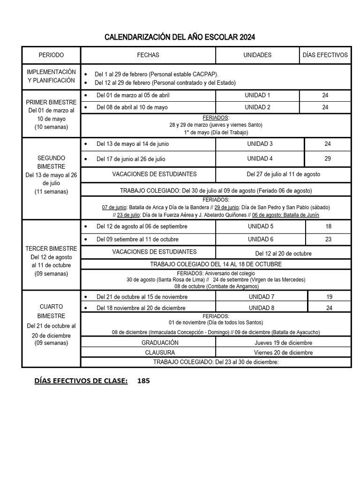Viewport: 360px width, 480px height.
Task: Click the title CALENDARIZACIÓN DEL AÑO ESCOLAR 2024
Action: tap(180, 37)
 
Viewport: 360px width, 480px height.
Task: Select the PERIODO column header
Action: tap(51, 55)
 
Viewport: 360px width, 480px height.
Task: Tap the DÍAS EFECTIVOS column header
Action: tap(325, 55)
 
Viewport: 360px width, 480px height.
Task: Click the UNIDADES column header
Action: tap(257, 55)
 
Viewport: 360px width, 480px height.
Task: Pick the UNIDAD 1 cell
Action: tap(257, 95)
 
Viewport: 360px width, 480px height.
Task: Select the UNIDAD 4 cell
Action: tap(260, 159)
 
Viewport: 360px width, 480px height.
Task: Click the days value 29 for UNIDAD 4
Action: tap(328, 159)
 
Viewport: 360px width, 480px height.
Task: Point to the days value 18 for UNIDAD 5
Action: tap(328, 226)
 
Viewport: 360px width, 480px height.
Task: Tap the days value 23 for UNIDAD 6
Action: tap(328, 239)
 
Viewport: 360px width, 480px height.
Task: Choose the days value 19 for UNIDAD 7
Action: tap(329, 297)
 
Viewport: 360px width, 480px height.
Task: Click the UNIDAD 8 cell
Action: tap(261, 308)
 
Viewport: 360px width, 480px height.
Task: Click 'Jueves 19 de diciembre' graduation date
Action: tap(283, 343)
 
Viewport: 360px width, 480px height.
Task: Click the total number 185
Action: tap(143, 381)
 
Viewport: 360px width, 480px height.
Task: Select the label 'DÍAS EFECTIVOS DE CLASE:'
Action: tap(81, 381)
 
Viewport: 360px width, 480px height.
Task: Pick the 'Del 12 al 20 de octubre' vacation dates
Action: tap(283, 254)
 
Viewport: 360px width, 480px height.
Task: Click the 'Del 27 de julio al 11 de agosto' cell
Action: tap(283, 174)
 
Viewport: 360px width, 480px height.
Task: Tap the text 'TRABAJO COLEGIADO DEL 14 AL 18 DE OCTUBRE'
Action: tap(216, 264)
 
